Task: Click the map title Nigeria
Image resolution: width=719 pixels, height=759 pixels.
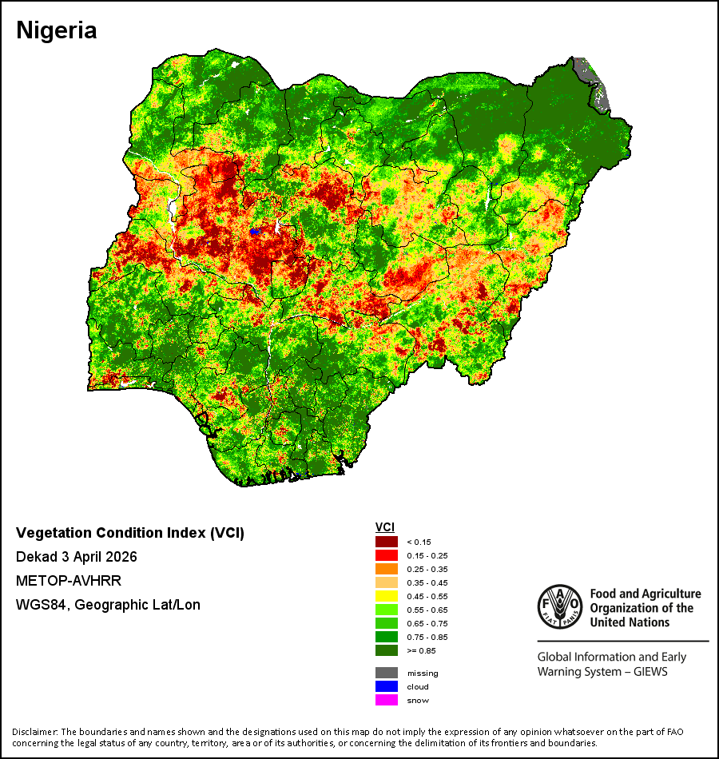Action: click(x=57, y=31)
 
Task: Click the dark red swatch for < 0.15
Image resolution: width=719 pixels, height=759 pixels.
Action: click(x=387, y=542)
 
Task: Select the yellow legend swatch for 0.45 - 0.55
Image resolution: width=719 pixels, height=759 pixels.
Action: click(x=387, y=596)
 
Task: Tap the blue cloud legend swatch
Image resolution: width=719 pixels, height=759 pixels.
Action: click(x=387, y=686)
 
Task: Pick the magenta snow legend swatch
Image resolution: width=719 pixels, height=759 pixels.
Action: click(x=387, y=700)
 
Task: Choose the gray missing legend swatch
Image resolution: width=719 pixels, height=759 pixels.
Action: click(x=387, y=673)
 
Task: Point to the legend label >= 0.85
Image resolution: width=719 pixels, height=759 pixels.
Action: click(x=421, y=650)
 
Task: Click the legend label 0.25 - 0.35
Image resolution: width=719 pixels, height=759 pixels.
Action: click(x=427, y=569)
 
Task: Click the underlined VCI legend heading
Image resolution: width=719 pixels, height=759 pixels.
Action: click(x=385, y=527)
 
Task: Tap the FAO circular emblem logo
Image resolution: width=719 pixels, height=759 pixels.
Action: click(x=560, y=606)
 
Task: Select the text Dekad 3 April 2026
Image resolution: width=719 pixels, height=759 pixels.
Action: click(x=77, y=557)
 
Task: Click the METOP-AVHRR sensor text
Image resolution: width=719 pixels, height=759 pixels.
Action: click(x=69, y=580)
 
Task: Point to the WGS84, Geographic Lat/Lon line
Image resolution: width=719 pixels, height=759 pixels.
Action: click(x=108, y=605)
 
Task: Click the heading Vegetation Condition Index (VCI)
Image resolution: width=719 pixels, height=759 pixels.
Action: click(x=130, y=533)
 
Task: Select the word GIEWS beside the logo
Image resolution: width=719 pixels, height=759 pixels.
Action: click(x=650, y=672)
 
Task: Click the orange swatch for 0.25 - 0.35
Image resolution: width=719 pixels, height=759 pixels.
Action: click(x=387, y=569)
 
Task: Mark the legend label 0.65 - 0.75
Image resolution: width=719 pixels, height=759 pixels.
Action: click(x=427, y=623)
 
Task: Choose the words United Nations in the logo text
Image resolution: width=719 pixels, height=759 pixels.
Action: click(x=630, y=622)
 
